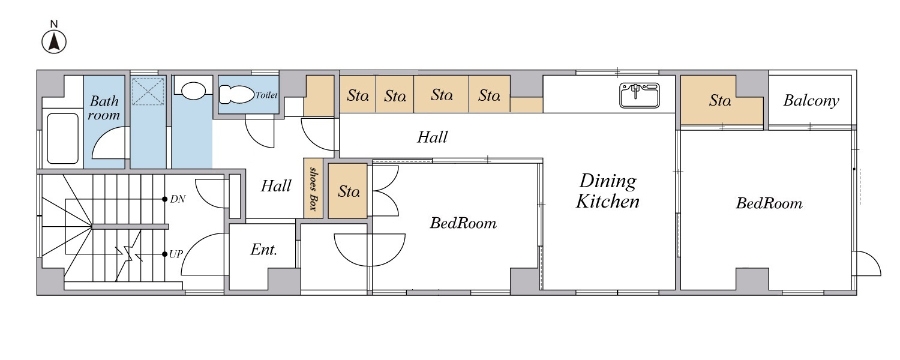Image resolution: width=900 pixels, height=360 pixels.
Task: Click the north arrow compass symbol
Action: [54, 42]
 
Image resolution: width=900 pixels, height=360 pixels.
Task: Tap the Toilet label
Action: [266, 95]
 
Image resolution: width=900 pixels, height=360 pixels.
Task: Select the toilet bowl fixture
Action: [236, 95]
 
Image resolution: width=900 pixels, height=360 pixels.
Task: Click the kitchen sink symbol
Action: [639, 95]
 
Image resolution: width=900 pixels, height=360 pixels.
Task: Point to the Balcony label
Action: [811, 100]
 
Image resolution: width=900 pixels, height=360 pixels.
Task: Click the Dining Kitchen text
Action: [607, 191]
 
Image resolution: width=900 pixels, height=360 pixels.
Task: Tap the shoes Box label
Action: [313, 189]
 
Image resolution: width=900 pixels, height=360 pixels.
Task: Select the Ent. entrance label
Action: [263, 250]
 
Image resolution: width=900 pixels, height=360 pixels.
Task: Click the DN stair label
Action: [178, 199]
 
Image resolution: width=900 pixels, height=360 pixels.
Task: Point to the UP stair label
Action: [176, 254]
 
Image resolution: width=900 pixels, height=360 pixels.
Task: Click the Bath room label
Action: [104, 107]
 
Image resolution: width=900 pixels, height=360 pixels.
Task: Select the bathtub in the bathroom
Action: [62, 138]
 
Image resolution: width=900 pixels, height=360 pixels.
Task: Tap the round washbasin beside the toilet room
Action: [193, 91]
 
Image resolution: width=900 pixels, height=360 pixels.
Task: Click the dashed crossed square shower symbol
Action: [148, 92]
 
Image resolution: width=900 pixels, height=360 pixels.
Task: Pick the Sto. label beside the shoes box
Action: [349, 191]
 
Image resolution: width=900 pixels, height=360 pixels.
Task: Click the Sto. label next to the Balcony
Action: [719, 100]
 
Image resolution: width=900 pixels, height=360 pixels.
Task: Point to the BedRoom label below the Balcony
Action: [769, 203]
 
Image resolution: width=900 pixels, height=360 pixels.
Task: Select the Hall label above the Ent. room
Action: [275, 185]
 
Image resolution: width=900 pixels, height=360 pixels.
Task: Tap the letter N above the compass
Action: [54, 24]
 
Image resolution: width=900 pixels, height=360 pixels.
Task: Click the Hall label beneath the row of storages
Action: [432, 137]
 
